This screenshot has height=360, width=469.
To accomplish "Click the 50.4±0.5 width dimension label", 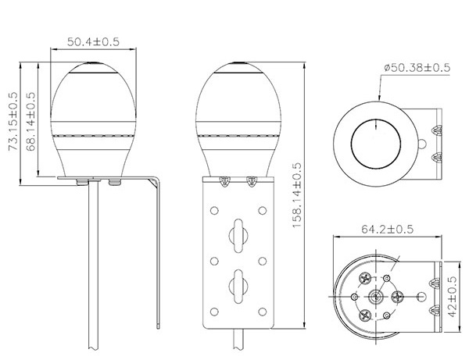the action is click(93, 41).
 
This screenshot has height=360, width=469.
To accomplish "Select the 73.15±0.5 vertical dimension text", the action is click(13, 121).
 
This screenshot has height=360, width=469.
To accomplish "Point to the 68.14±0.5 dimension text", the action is click(30, 121).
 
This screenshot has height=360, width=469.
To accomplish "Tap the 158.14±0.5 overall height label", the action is click(296, 195).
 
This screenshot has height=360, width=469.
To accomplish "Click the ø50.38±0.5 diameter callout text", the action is click(417, 67).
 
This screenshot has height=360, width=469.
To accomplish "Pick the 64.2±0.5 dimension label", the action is click(388, 229).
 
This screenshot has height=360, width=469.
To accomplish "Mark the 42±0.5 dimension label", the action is click(452, 297).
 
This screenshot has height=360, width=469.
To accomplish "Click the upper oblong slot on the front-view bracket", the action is click(238, 236).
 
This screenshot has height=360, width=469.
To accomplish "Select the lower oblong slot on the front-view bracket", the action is click(238, 287).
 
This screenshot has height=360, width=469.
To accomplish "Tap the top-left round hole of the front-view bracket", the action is click(214, 211).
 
